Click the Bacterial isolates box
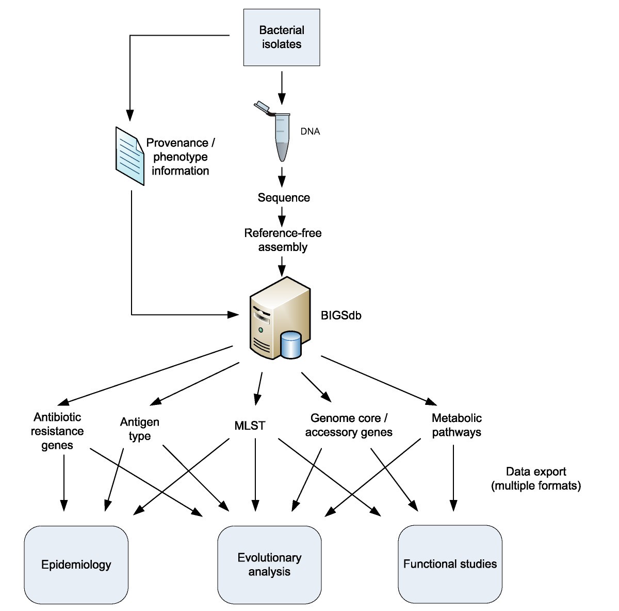pyautogui.click(x=282, y=37)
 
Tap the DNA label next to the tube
pyautogui.click(x=310, y=132)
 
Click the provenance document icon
pyautogui.click(x=129, y=156)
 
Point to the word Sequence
pyautogui.click(x=284, y=198)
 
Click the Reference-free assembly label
pyautogui.click(x=283, y=240)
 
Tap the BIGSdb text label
pyautogui.click(x=341, y=316)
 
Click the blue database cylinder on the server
pyautogui.click(x=291, y=346)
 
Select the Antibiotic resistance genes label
pyautogui.click(x=57, y=431)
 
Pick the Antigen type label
pyautogui.click(x=140, y=429)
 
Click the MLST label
pyautogui.click(x=250, y=426)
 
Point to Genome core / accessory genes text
pyautogui.click(x=349, y=425)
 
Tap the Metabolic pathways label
pyautogui.click(x=457, y=425)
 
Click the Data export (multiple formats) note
pyautogui.click(x=536, y=479)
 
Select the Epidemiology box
pyautogui.click(x=76, y=565)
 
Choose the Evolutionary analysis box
pyautogui.click(x=269, y=565)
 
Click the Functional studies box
pyautogui.click(x=450, y=564)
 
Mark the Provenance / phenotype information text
pyautogui.click(x=180, y=156)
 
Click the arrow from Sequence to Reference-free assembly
pyautogui.click(x=282, y=216)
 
